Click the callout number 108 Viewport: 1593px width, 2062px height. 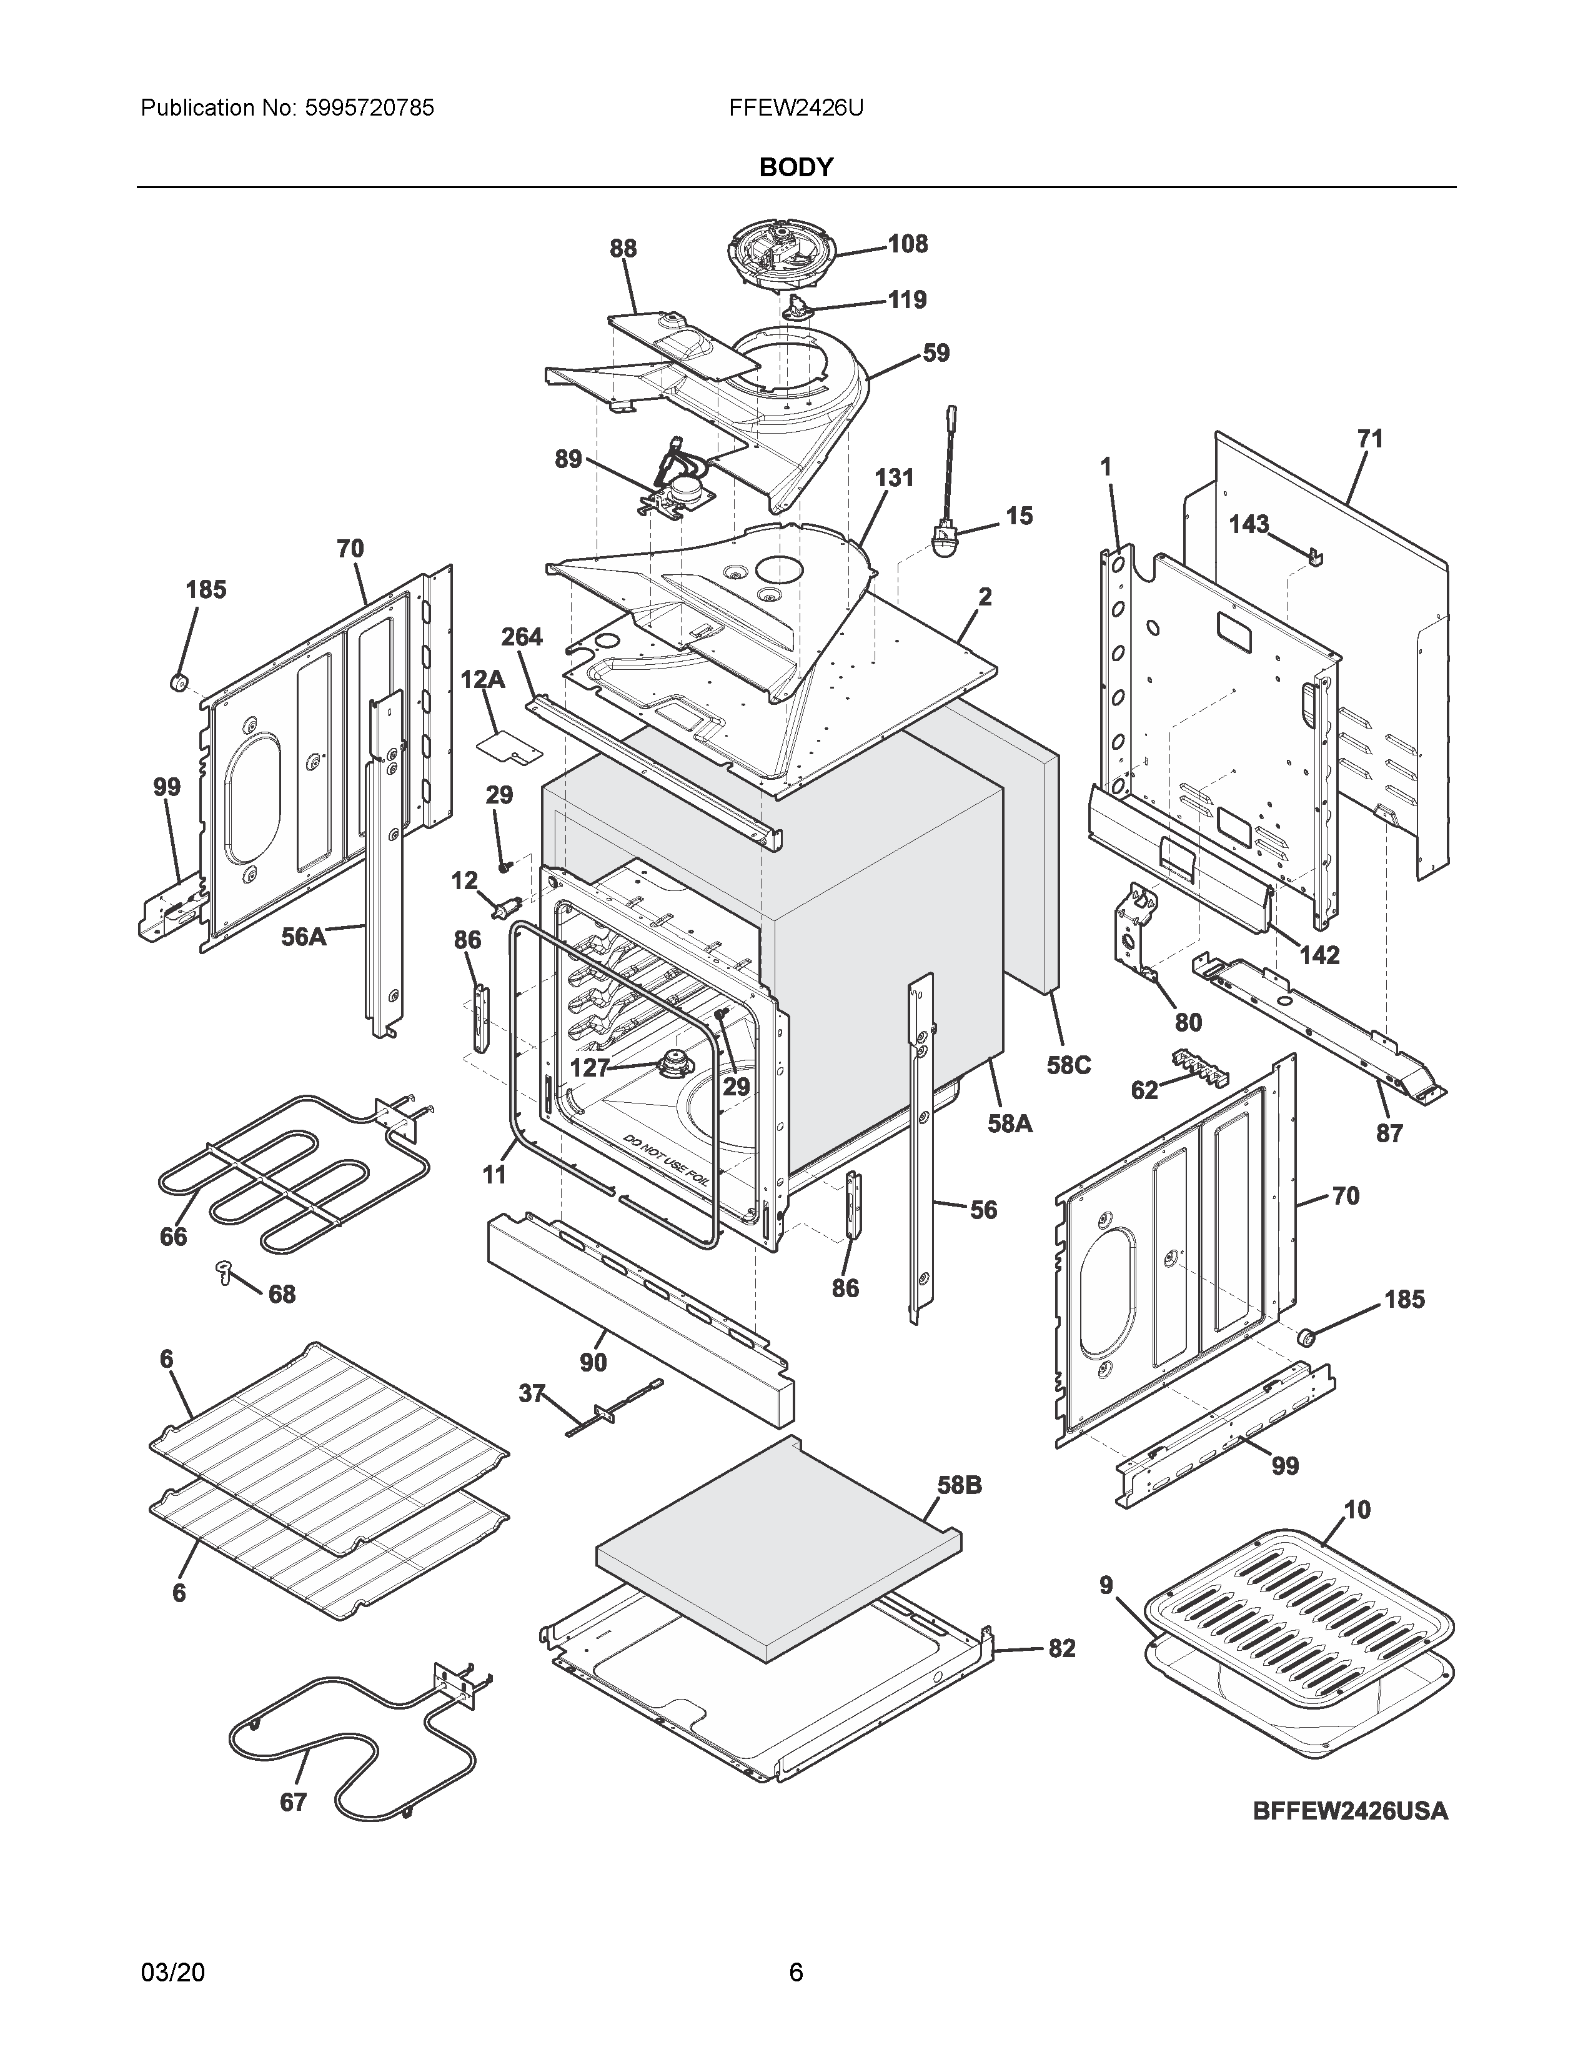click(x=908, y=244)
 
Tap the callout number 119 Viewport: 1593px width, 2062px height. click(x=907, y=299)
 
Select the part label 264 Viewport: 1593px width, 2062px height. click(x=521, y=637)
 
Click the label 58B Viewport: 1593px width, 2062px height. click(x=959, y=1485)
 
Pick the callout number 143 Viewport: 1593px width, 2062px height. click(x=1249, y=524)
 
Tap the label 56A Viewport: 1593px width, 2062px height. click(x=304, y=937)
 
